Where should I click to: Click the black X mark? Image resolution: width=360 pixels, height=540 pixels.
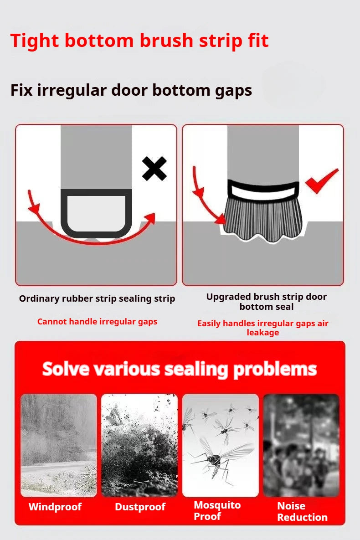154,169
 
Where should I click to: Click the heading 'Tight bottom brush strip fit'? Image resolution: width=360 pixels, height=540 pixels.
139,41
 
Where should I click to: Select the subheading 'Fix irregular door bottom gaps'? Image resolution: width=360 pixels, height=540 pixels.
131,90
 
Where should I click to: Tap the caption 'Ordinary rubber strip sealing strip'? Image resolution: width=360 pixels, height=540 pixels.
97,299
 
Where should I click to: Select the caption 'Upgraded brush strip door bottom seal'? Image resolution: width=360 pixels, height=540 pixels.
266,302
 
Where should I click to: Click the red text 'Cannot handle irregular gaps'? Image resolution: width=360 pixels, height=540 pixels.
97,322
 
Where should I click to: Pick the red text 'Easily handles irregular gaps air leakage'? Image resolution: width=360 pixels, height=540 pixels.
262,328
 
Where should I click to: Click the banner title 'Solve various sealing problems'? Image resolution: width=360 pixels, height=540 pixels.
180,369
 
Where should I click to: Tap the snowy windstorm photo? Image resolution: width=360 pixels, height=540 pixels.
59,445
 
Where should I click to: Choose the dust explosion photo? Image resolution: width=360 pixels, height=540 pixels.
139,445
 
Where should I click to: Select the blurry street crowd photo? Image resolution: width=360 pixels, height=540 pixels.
301,445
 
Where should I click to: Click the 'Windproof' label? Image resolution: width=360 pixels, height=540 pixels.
55,507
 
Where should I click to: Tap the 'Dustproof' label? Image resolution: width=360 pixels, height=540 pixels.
140,507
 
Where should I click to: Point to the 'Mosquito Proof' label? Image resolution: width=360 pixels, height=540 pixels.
217,511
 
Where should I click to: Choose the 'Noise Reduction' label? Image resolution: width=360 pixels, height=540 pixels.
302,511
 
